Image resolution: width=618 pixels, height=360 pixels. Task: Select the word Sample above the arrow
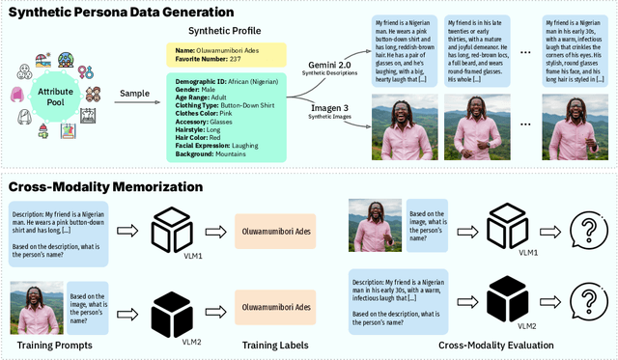133,94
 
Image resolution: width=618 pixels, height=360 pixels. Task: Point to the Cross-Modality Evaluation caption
474,345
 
